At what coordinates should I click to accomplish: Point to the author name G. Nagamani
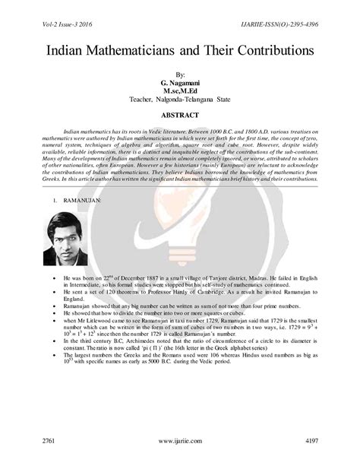(x=179, y=81)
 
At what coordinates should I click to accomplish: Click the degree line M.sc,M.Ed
(x=179, y=90)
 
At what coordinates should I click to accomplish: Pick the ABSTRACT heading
(x=179, y=115)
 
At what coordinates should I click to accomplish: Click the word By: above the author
(x=179, y=71)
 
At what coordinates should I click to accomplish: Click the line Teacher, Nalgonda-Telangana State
(x=179, y=99)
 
